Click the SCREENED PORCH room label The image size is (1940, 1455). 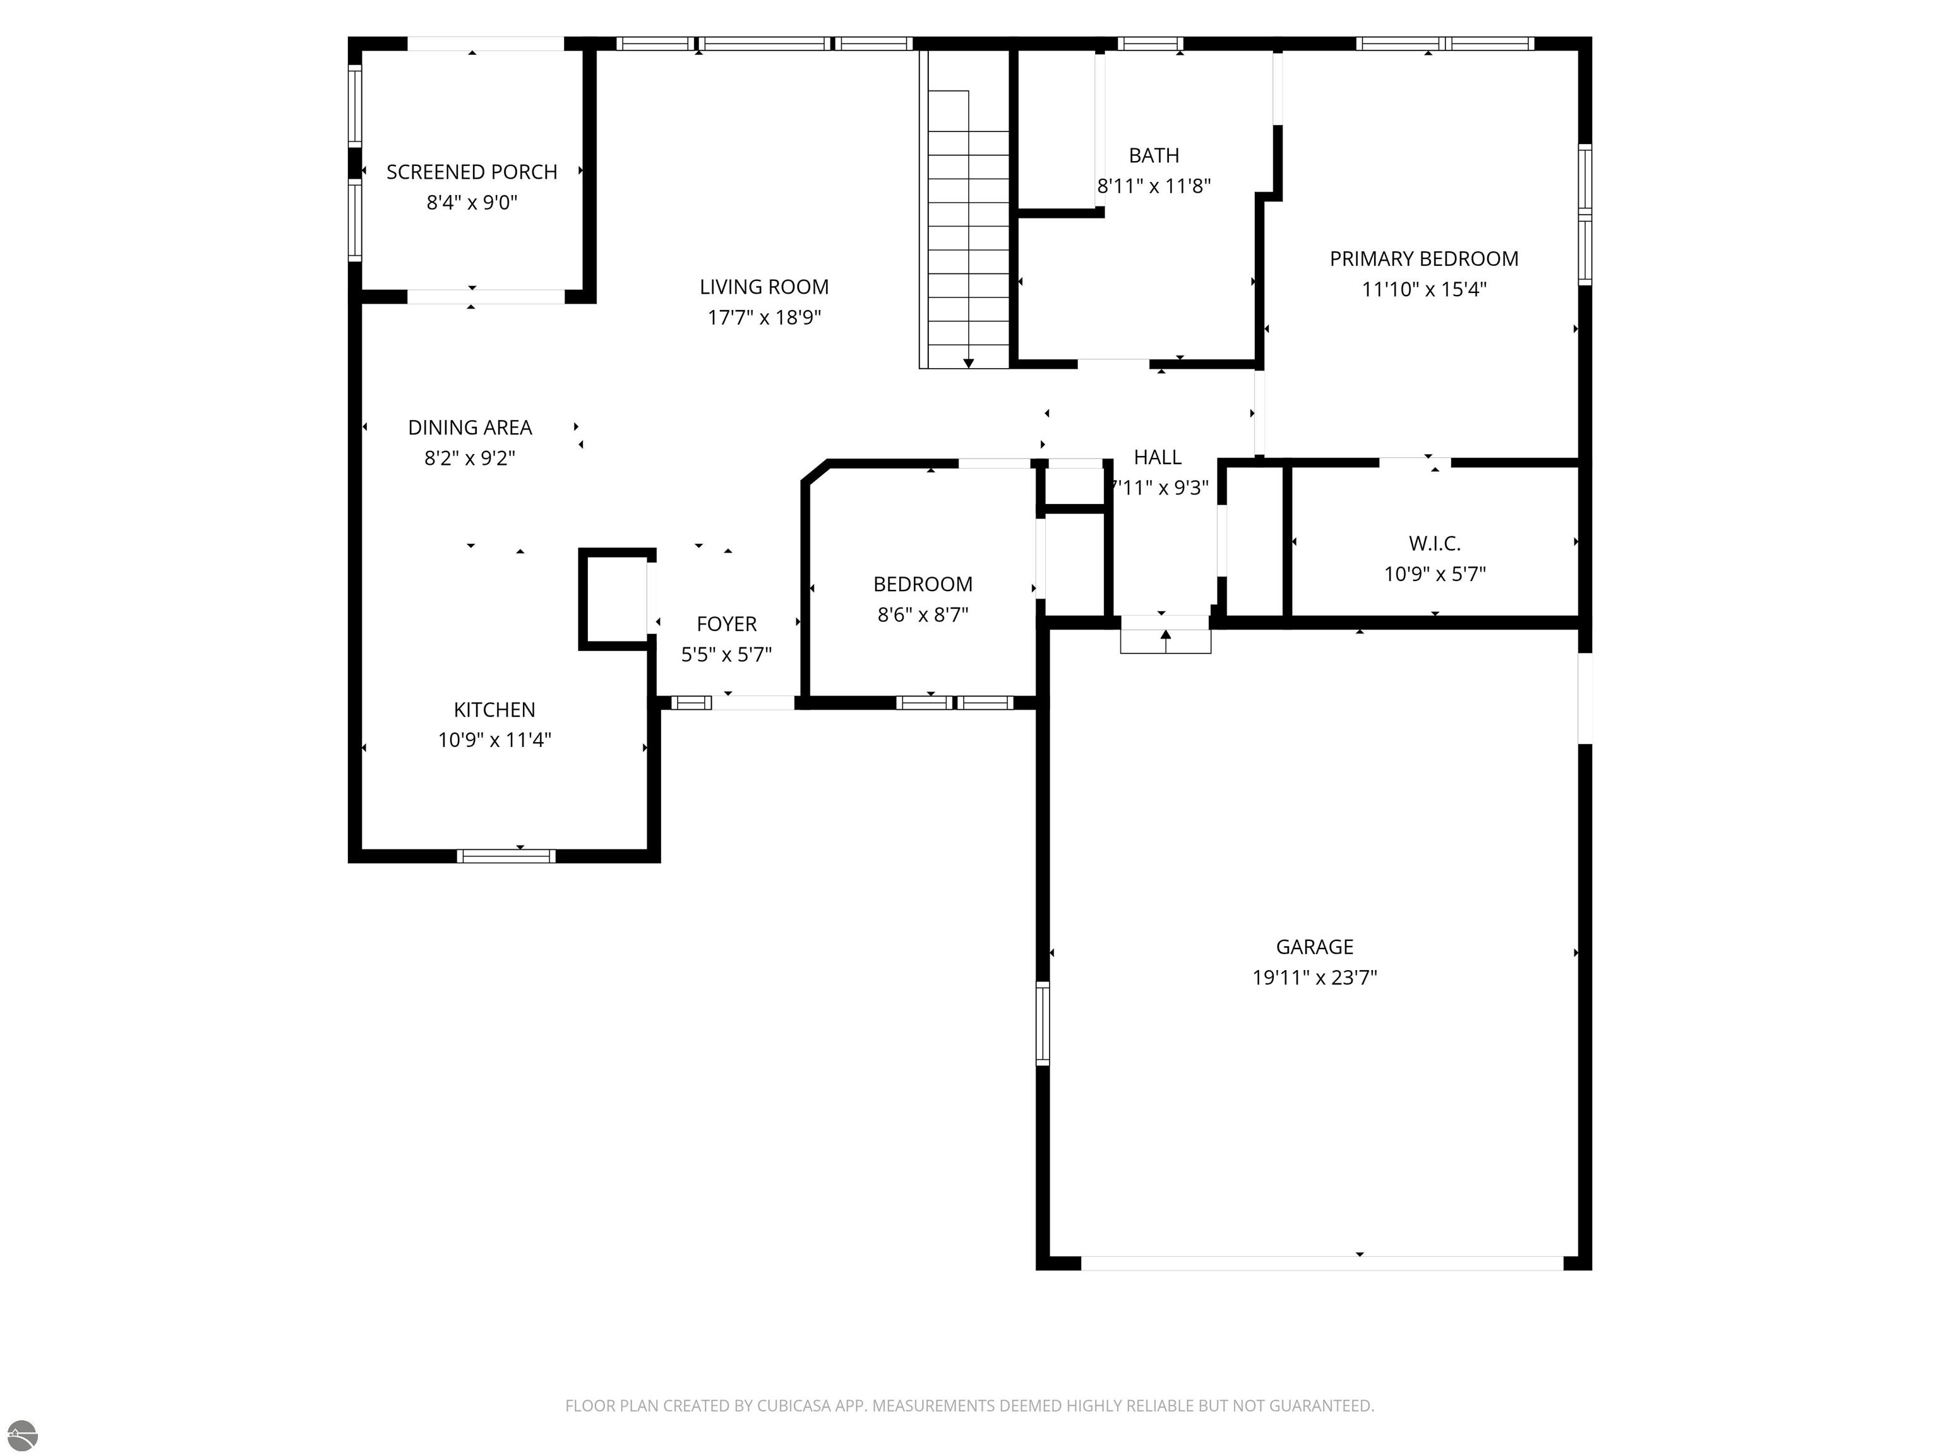click(x=472, y=172)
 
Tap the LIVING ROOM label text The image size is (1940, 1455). click(x=764, y=287)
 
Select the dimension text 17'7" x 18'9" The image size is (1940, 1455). click(x=764, y=318)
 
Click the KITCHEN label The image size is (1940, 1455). click(x=494, y=710)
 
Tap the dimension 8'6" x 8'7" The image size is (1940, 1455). click(x=923, y=615)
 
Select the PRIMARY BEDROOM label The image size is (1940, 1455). click(x=1424, y=259)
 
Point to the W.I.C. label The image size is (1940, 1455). click(x=1435, y=544)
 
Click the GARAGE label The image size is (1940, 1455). click(x=1315, y=947)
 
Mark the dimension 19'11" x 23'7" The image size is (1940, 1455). click(x=1315, y=978)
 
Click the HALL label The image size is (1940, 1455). click(x=1158, y=457)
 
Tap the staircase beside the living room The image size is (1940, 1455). click(x=965, y=210)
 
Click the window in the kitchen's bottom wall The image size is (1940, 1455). click(x=506, y=856)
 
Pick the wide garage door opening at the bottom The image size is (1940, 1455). click(x=1322, y=1263)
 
